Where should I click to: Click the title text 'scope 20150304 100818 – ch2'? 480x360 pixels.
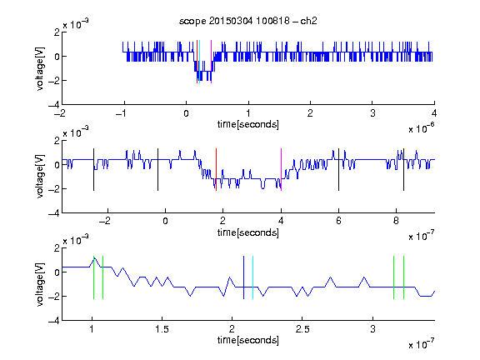248,21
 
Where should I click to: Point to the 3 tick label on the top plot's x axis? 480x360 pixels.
372,113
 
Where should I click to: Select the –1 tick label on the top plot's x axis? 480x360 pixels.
121,113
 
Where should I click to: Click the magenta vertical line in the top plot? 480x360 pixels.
211,62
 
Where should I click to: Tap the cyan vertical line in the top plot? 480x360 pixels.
199,62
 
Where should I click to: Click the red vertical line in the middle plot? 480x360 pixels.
216,170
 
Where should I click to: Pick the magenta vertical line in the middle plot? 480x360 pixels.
281,170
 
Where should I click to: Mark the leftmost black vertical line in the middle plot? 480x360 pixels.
93,170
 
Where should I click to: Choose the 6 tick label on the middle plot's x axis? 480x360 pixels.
338,221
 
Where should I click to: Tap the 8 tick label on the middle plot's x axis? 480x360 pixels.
396,221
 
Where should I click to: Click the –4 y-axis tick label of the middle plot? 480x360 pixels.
54,213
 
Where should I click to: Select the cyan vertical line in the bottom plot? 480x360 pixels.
252,277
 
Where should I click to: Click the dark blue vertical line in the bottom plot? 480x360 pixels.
243,277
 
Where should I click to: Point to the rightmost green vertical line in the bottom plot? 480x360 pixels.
404,277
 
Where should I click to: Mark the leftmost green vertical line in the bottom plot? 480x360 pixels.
93,277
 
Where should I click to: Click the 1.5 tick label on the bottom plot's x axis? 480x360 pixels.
162,329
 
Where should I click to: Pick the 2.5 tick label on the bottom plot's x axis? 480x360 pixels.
302,329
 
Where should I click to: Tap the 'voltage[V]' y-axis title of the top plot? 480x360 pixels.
40,68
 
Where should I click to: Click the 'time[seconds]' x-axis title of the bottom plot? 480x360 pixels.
248,340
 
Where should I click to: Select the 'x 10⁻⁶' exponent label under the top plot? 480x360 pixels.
421,127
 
